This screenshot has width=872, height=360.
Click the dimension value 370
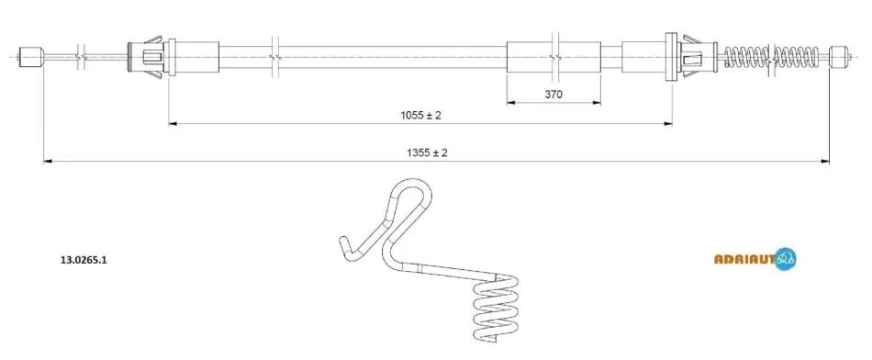click(553, 94)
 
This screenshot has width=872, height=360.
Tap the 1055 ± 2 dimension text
click(420, 115)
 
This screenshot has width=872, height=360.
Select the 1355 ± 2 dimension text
click(427, 152)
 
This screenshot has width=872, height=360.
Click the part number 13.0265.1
click(83, 259)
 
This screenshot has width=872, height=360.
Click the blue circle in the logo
click(785, 258)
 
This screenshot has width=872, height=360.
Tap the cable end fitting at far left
click(31, 57)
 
